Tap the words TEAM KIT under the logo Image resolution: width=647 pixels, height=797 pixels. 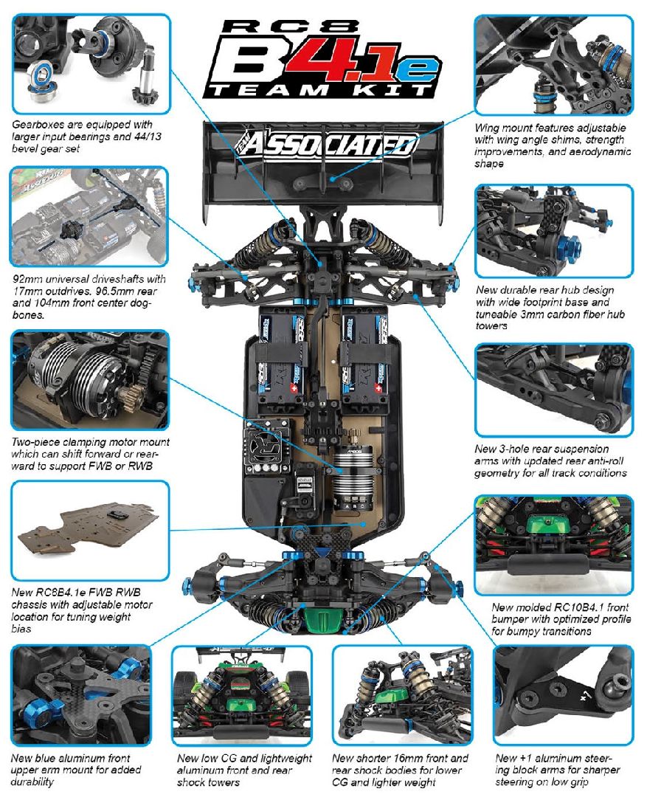tap(318, 90)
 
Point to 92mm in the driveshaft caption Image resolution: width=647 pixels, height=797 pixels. tap(28, 280)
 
